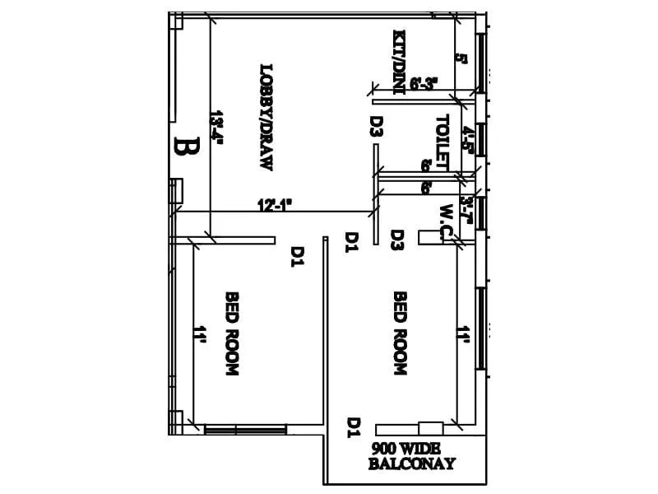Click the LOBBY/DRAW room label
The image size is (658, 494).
(266, 118)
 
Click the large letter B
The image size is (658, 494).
(188, 147)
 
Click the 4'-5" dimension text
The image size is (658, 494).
(466, 141)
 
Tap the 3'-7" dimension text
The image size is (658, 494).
(466, 211)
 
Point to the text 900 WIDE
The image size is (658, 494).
(406, 448)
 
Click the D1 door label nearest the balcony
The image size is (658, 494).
(354, 427)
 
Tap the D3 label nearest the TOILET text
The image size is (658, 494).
(376, 126)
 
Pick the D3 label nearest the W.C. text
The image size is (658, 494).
(396, 240)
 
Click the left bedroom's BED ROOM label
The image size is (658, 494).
(231, 333)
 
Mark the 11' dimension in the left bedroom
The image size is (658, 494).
(198, 334)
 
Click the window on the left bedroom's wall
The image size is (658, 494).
(245, 430)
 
